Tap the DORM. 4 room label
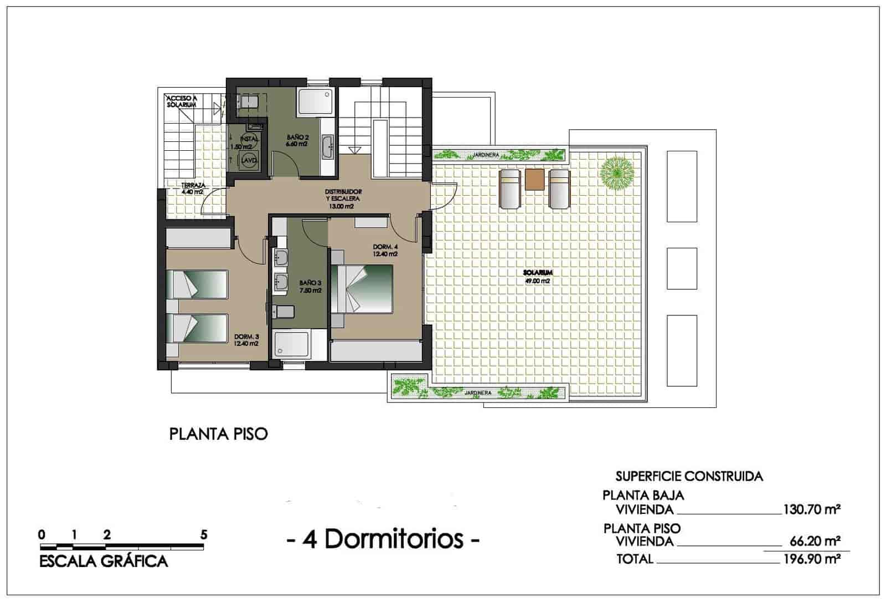tap(385, 250)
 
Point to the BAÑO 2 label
tap(297, 140)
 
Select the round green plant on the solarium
tap(617, 174)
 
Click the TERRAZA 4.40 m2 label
tap(193, 188)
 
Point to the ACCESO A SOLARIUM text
tap(181, 101)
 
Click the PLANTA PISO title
tap(218, 433)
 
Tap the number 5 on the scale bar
tap(204, 535)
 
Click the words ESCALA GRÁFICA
tap(104, 562)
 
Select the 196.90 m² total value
tap(812, 559)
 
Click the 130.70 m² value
tap(812, 509)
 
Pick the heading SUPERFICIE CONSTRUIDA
tap(689, 476)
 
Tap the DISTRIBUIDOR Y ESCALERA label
tap(343, 198)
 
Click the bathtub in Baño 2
tap(315, 103)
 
